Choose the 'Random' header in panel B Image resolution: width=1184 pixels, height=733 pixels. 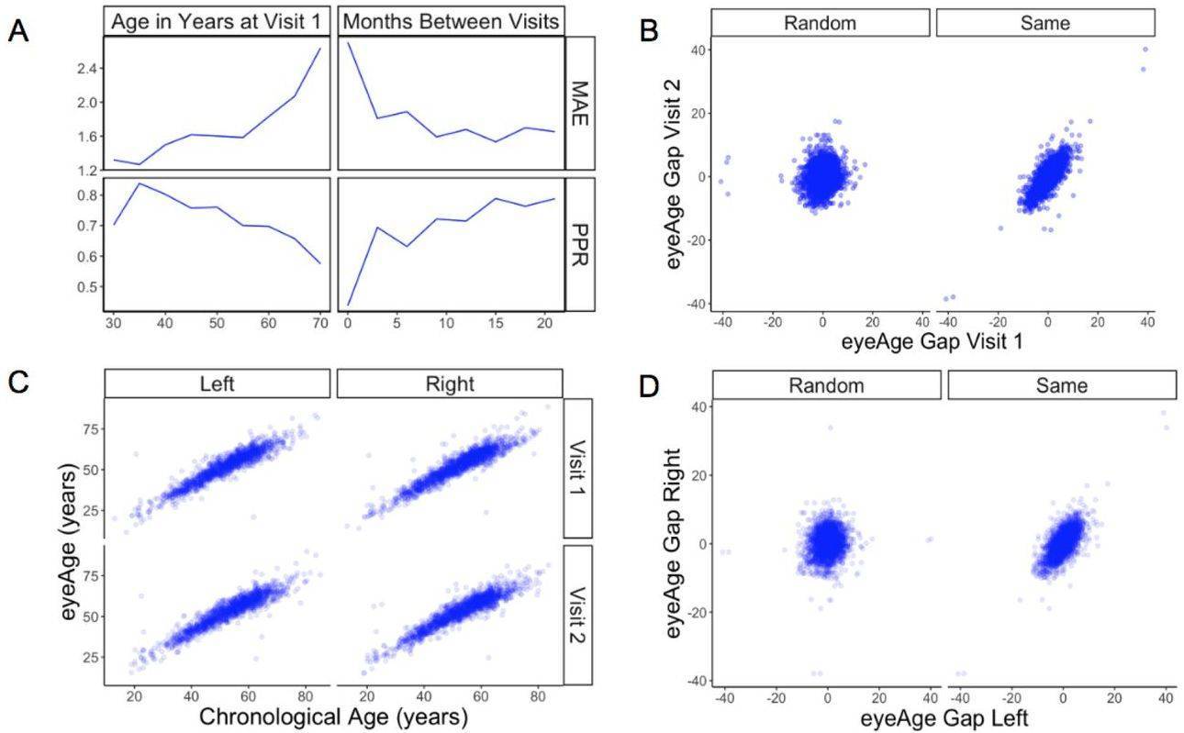[x=820, y=23]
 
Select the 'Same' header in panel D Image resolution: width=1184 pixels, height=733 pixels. [x=1062, y=386]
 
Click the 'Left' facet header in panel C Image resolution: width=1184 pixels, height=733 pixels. [x=217, y=384]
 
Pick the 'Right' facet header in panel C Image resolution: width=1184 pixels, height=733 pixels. [x=450, y=384]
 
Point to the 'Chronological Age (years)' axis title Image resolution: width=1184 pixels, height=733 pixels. [x=333, y=716]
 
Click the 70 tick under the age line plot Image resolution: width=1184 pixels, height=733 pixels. [x=318, y=324]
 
